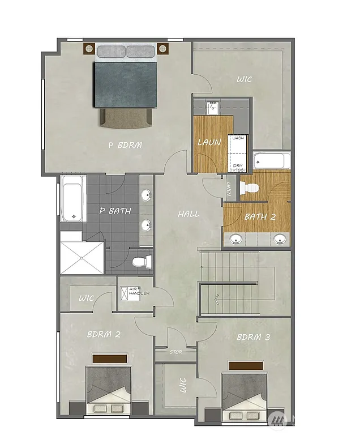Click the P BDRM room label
(x=125, y=145)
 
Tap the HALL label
(x=188, y=214)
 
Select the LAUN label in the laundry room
(x=209, y=142)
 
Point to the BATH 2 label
(x=260, y=216)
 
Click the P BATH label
(x=115, y=211)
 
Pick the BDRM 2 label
(x=104, y=334)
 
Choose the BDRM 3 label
(x=253, y=338)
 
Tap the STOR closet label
(x=176, y=352)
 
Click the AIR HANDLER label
(x=135, y=293)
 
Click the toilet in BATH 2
(x=247, y=187)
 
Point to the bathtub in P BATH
(x=73, y=198)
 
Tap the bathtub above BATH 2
(x=272, y=160)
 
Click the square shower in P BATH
(x=82, y=258)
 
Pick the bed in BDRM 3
(x=245, y=393)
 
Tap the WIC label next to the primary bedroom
(x=245, y=80)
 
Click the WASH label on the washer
(x=238, y=138)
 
